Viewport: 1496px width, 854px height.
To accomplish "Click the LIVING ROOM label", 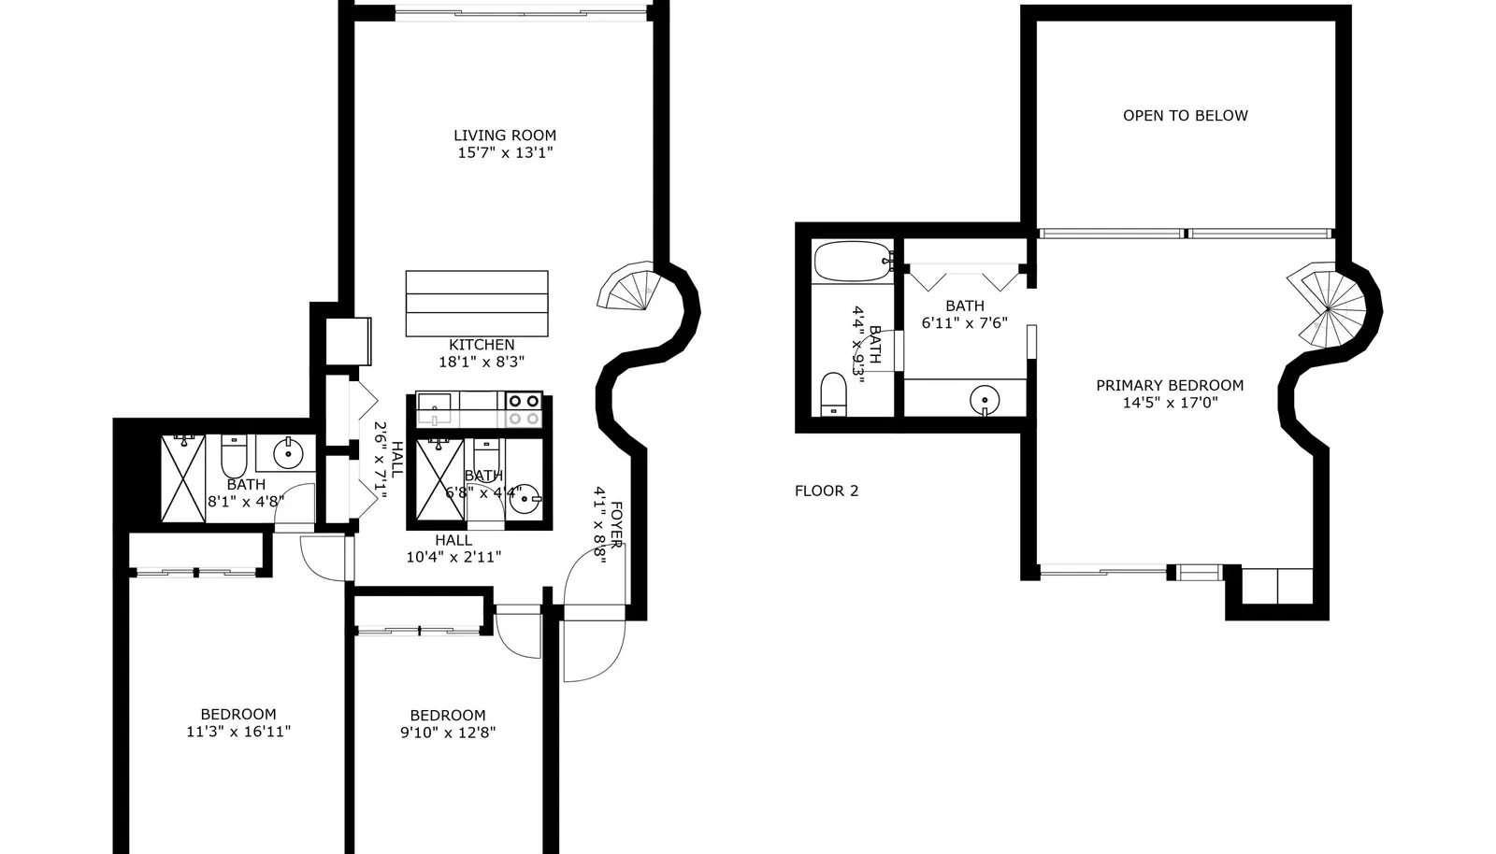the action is (505, 135).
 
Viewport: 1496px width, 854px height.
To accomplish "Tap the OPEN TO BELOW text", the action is (1186, 116).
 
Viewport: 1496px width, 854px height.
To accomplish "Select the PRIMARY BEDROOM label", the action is (1170, 385).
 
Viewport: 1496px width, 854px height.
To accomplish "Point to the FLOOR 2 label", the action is (827, 491).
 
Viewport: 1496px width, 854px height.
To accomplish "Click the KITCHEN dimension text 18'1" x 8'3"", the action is (482, 363).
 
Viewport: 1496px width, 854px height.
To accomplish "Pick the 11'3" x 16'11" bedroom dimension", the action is (238, 732).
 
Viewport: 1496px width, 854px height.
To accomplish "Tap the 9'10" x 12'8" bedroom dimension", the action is (448, 733).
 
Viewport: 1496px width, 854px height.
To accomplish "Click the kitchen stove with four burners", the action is (525, 409).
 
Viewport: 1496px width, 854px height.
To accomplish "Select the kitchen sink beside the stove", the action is (434, 409).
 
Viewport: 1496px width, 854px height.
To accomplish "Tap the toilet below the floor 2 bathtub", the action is (833, 393).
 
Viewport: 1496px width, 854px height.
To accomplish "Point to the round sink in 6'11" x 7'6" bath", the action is (985, 400).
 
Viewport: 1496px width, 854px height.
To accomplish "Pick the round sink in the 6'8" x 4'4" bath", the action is (525, 498).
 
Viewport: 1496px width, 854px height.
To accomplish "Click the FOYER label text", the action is (616, 525).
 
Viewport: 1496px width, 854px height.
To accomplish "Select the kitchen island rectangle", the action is (477, 304).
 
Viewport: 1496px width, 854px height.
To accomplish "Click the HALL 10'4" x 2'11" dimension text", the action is (454, 557).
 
